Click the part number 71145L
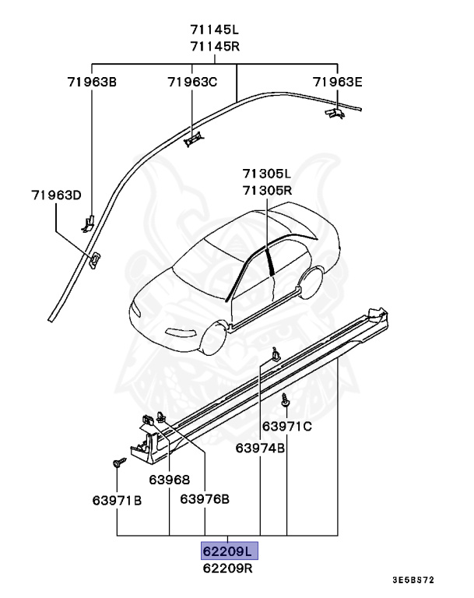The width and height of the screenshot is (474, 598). coord(214,30)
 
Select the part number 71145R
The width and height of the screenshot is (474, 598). coord(214,45)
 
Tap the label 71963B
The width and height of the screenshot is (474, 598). coord(91,81)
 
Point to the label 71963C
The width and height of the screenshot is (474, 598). coord(192,81)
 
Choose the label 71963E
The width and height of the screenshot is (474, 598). coord(338,81)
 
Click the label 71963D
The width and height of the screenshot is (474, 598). coord(56,195)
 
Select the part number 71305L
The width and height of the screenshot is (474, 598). coord(266,174)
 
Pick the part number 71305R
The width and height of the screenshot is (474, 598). coord(266,189)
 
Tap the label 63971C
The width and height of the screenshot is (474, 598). coord(286,426)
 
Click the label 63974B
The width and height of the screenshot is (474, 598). coord(261,448)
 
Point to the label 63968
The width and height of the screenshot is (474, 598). coord(170,480)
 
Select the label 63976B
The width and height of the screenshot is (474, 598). coord(205,499)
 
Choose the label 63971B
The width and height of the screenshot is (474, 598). coord(117,499)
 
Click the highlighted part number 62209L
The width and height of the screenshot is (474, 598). coord(228,552)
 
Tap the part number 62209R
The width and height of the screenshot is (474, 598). coord(228,568)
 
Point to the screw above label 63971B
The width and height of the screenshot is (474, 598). coord(117,464)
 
